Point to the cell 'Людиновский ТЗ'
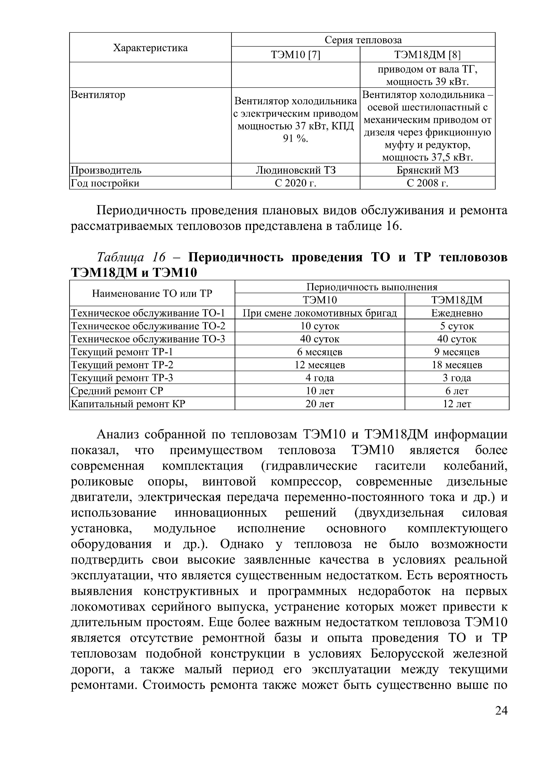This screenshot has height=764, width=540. [x=295, y=170]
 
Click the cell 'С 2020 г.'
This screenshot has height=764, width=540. [x=295, y=183]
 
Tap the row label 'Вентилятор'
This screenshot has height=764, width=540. [x=98, y=95]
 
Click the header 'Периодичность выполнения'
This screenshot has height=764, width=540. [x=372, y=287]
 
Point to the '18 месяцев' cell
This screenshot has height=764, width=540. [x=457, y=365]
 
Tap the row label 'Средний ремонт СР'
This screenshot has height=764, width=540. [x=117, y=391]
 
